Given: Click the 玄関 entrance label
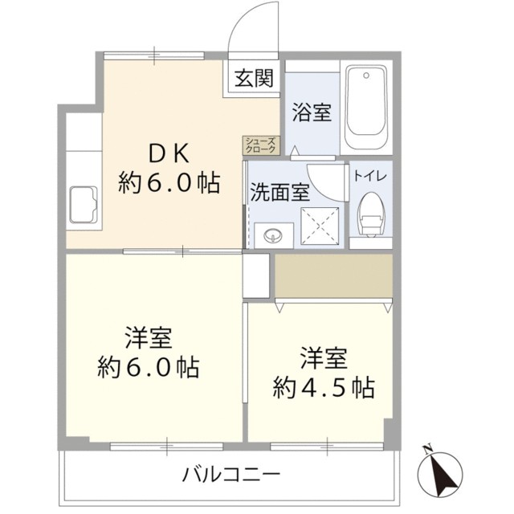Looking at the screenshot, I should click(x=254, y=79).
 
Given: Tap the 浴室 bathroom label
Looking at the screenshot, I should click(x=312, y=113).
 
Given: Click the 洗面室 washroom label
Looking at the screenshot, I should click(x=278, y=193).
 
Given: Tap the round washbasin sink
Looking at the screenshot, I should click(x=273, y=235).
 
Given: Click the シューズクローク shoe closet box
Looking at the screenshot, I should click(x=261, y=145).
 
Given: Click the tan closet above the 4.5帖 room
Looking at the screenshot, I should click(x=333, y=275).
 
